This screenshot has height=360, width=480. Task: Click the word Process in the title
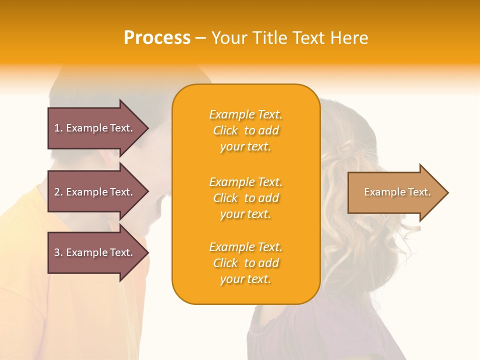[157, 38]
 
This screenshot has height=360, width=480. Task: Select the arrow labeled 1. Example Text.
[95, 128]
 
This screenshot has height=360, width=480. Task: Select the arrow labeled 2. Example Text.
[95, 192]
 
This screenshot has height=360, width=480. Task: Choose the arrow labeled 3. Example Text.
[95, 252]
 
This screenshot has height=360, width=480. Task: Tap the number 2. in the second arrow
[58, 192]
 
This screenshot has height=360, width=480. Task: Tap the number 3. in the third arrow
[58, 252]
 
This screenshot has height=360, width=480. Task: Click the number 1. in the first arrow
[58, 128]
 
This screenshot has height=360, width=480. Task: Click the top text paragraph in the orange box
[245, 130]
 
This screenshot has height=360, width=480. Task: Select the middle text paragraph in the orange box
[245, 198]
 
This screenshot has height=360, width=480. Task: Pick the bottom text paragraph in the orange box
[245, 263]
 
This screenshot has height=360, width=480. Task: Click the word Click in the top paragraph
[225, 130]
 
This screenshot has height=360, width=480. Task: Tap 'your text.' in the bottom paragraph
[245, 279]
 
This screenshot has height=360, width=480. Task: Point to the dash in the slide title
[200, 38]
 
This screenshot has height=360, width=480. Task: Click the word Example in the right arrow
[381, 192]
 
